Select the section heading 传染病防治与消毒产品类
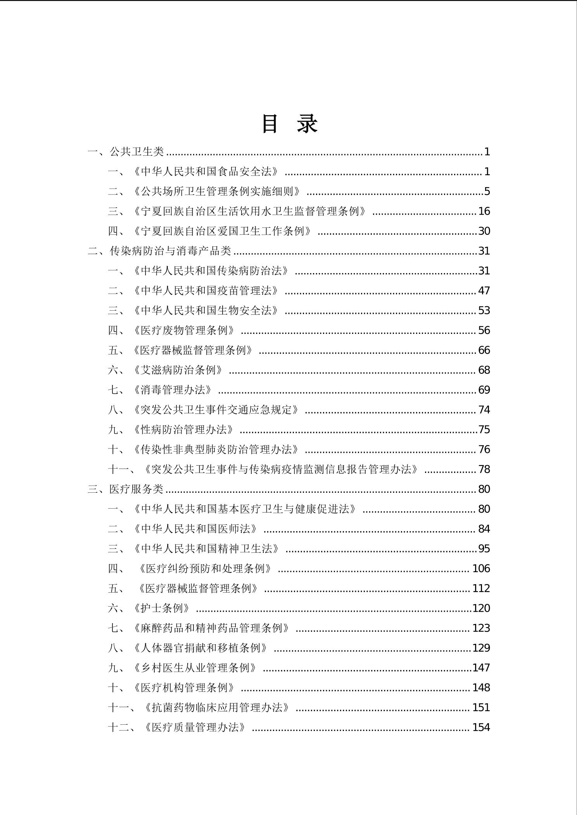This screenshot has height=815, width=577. click(170, 251)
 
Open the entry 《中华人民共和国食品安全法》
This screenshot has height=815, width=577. click(206, 172)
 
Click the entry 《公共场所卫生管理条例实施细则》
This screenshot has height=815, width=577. click(217, 191)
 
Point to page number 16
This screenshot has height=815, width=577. click(484, 211)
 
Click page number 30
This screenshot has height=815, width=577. click(484, 231)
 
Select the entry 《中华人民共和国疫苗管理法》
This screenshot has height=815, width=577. click(206, 291)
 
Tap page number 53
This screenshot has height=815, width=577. click(484, 311)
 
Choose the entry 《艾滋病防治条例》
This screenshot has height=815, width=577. click(178, 370)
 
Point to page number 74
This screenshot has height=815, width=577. click(484, 410)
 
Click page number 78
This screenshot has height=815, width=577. click(484, 469)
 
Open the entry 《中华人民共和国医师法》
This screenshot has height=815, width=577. click(195, 529)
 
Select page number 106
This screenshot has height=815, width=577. click(481, 569)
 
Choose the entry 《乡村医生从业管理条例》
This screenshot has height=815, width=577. click(195, 668)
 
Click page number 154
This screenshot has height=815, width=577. click(481, 727)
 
